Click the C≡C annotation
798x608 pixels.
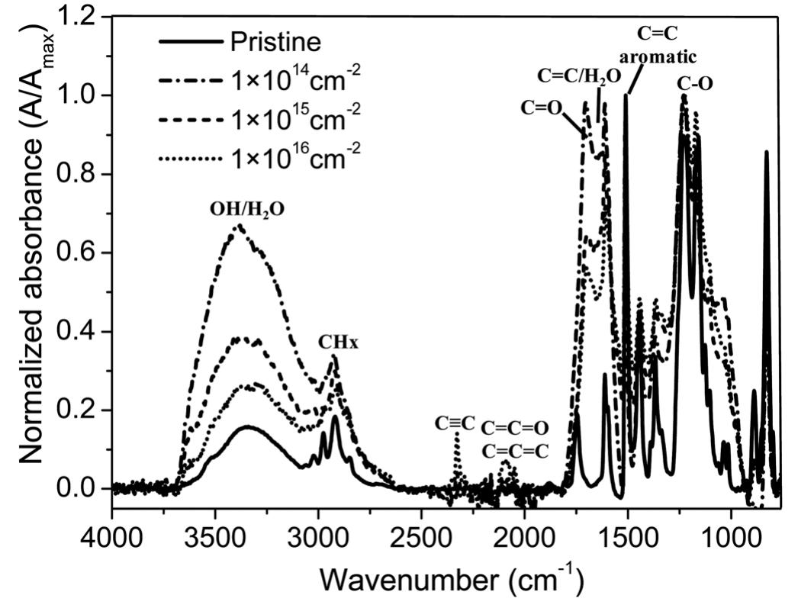coord(455,422)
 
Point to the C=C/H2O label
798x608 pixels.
coord(580,75)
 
